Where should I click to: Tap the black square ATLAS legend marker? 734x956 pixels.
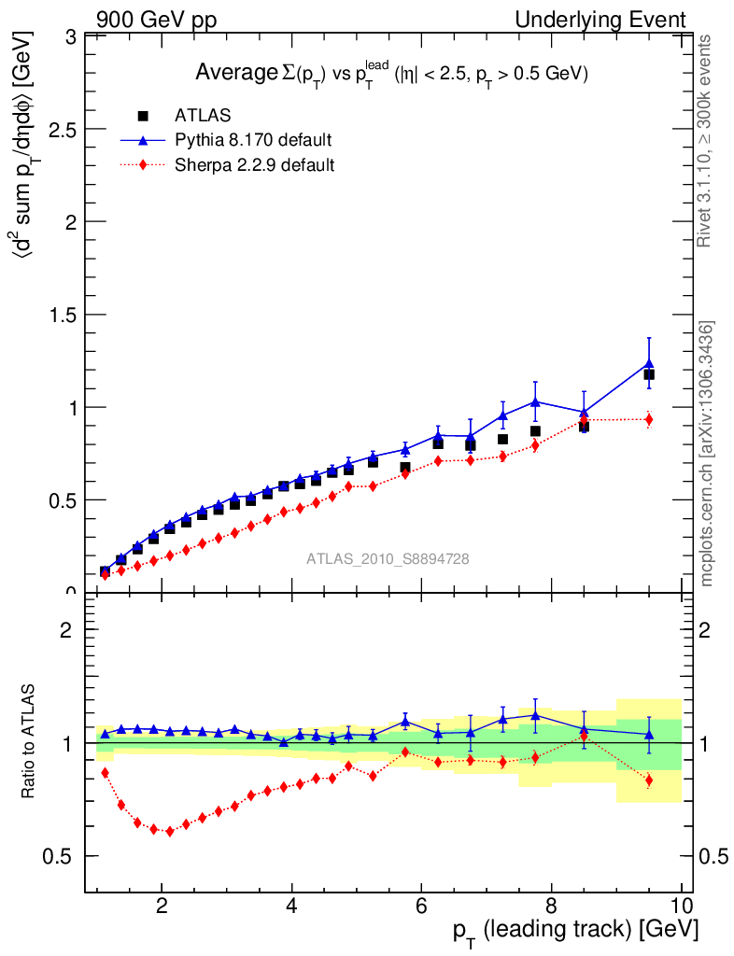coord(143,116)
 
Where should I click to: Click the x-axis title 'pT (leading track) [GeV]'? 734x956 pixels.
coord(575,930)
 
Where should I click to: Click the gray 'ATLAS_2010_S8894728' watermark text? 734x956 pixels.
coord(388,559)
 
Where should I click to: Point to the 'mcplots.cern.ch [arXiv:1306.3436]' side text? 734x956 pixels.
coord(707,455)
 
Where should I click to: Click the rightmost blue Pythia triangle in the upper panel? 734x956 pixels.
coord(649,363)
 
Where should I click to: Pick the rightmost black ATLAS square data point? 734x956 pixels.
coord(649,374)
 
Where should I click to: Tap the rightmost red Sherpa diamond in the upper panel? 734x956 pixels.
coord(649,419)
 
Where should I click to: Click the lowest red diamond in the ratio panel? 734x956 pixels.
coord(169,831)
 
